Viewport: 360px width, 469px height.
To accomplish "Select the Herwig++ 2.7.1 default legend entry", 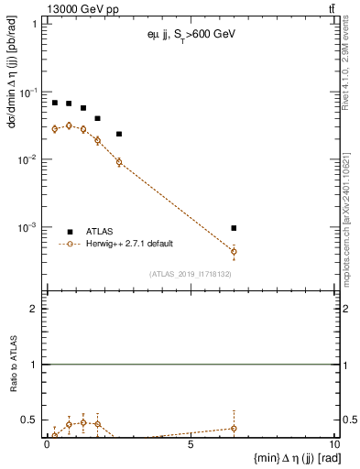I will pos(127,244).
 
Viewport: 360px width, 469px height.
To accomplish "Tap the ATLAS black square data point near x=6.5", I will pos(234,228).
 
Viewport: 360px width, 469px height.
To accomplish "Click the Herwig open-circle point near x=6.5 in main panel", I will pos(234,251).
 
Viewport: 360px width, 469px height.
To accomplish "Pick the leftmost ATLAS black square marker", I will pos(55,103).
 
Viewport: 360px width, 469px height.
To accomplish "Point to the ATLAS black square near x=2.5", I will pos(119,134).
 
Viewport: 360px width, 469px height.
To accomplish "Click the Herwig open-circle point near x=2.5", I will pos(119,162).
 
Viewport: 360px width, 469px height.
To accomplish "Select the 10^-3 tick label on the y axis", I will pos(27,227).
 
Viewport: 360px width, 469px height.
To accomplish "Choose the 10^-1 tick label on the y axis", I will pos(27,93).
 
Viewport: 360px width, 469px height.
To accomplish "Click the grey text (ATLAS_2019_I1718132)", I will pos(190,274).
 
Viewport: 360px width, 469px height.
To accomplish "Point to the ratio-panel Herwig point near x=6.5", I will pos(234,428).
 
